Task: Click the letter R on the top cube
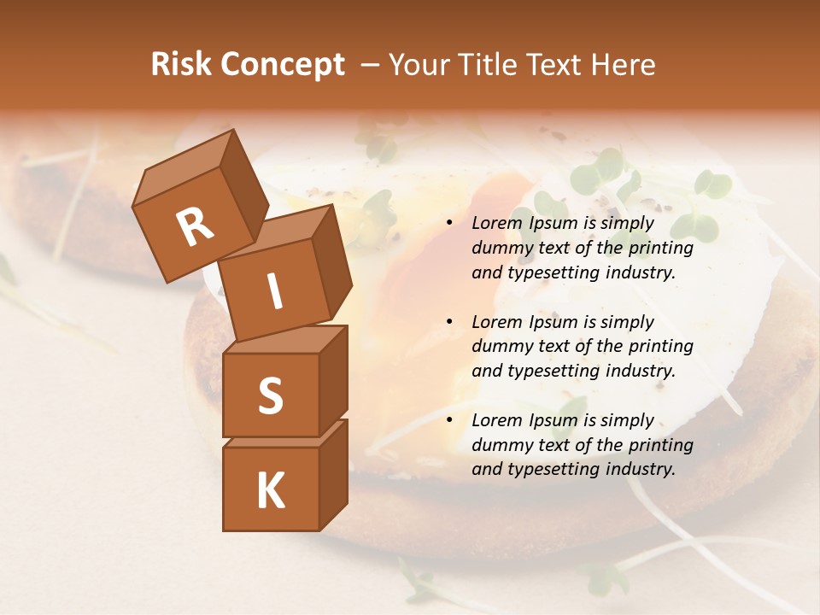[196, 227]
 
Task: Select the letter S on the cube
[270, 395]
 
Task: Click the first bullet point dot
[449, 224]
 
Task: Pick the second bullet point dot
[449, 322]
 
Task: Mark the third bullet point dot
[449, 420]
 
